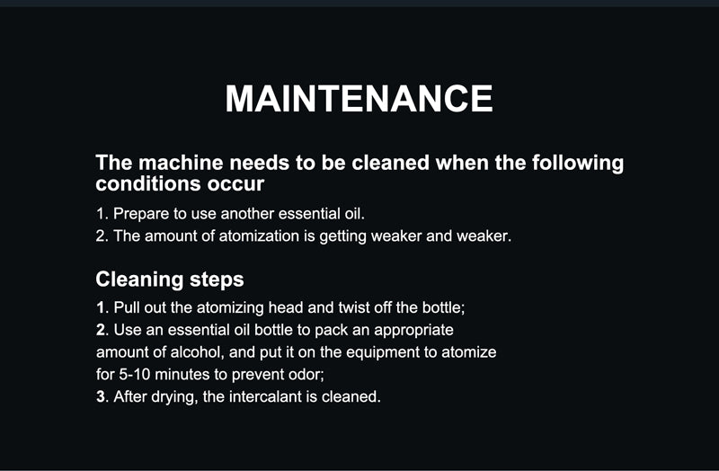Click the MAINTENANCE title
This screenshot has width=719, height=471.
point(359,99)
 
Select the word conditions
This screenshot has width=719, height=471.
point(148,184)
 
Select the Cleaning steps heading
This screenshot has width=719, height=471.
point(170,280)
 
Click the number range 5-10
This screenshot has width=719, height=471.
point(134,374)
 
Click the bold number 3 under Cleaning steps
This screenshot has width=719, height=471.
point(101,396)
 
